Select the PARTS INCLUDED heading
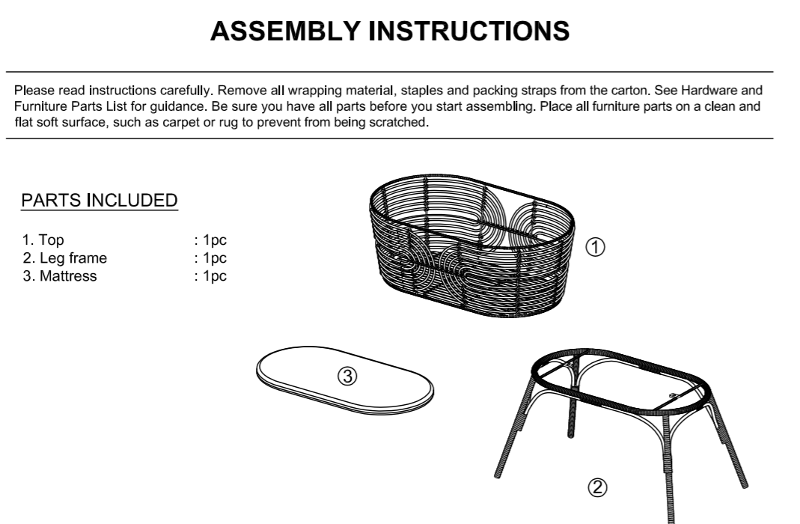click(x=100, y=201)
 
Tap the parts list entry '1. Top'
click(x=43, y=241)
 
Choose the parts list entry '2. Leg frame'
click(x=64, y=258)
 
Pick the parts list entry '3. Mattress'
click(x=59, y=276)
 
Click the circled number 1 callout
click(x=594, y=246)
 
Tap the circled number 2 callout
click(x=596, y=488)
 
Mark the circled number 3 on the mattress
click(x=346, y=376)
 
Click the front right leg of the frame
click(x=671, y=479)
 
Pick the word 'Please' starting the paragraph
click(x=31, y=91)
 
